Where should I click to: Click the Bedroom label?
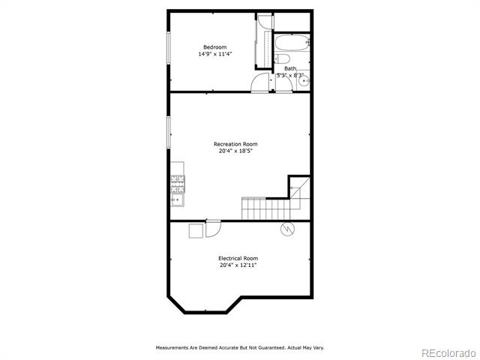click(215, 47)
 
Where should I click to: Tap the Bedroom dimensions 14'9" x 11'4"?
click(215, 54)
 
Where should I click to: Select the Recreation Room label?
click(235, 144)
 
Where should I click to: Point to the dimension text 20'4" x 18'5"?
click(235, 151)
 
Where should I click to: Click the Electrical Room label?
click(238, 258)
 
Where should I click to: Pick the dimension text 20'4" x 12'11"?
click(238, 265)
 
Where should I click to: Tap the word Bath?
click(290, 68)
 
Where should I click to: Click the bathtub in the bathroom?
click(292, 43)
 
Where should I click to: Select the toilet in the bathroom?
click(282, 58)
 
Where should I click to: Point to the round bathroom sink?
click(304, 81)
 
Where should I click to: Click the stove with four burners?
click(178, 184)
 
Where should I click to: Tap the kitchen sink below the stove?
click(177, 200)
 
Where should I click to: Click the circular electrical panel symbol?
click(287, 229)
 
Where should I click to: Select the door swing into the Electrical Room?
click(213, 229)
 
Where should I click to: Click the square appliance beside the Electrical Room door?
click(196, 231)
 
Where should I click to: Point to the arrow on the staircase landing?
click(295, 187)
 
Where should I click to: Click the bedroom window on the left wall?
click(168, 48)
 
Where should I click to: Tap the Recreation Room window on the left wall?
click(168, 132)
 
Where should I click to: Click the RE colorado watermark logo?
click(448, 353)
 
